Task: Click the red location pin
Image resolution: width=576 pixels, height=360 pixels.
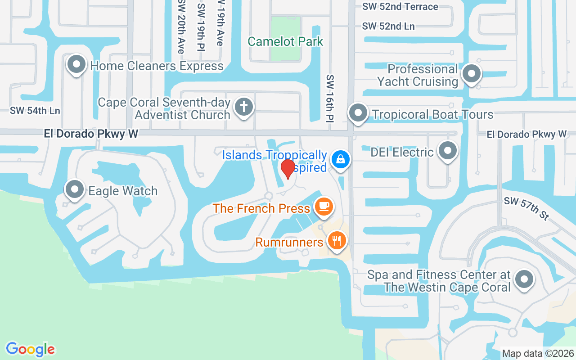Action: (x=288, y=169)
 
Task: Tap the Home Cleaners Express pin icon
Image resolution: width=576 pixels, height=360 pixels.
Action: (x=76, y=64)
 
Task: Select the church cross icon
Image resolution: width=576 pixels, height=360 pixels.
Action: (x=243, y=107)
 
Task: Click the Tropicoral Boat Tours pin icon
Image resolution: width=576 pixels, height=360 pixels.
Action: (x=358, y=112)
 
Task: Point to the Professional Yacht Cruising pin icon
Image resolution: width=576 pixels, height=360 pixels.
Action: (x=472, y=73)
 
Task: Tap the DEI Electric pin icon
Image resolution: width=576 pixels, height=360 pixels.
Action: (x=447, y=151)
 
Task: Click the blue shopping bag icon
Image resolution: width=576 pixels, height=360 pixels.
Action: (x=341, y=159)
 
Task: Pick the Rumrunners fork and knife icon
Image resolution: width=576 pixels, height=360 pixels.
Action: (x=336, y=240)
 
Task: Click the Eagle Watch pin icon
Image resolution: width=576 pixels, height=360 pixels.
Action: (x=75, y=189)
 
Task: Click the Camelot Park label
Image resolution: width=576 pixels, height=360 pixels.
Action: (x=285, y=42)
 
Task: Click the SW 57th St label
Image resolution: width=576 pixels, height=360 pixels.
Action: (x=526, y=208)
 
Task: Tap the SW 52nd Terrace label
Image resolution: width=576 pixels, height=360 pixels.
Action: (x=400, y=7)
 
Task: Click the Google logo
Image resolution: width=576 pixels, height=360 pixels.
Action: (x=30, y=349)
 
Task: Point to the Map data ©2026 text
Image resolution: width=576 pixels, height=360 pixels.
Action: (x=538, y=354)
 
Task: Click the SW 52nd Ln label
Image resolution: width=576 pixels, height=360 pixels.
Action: (x=388, y=26)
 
